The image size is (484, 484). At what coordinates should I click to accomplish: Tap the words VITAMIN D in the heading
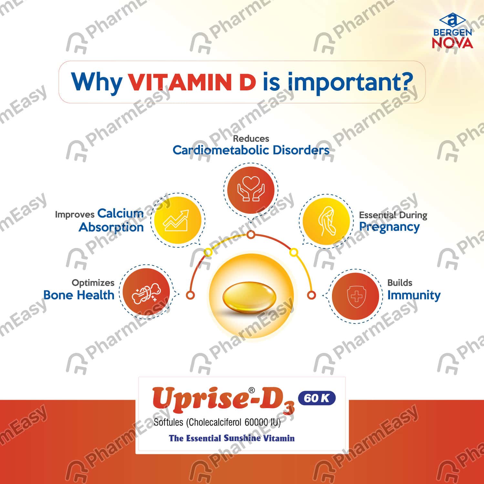[x=192, y=82]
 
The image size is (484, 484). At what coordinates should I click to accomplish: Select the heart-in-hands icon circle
[x=251, y=190]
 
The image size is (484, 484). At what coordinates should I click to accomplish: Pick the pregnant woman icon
[x=326, y=221]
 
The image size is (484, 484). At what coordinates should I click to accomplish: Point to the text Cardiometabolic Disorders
[x=251, y=150]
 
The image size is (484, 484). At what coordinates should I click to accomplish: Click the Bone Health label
[x=79, y=295]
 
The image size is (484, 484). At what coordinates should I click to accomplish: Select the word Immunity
[x=414, y=295]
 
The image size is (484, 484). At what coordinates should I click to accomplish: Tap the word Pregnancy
[x=389, y=227]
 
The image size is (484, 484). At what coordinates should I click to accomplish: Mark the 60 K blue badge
[x=316, y=398]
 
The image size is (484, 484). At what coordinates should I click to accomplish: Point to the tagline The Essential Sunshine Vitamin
[x=232, y=438]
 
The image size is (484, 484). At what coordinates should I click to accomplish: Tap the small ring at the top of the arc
[x=251, y=234]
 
